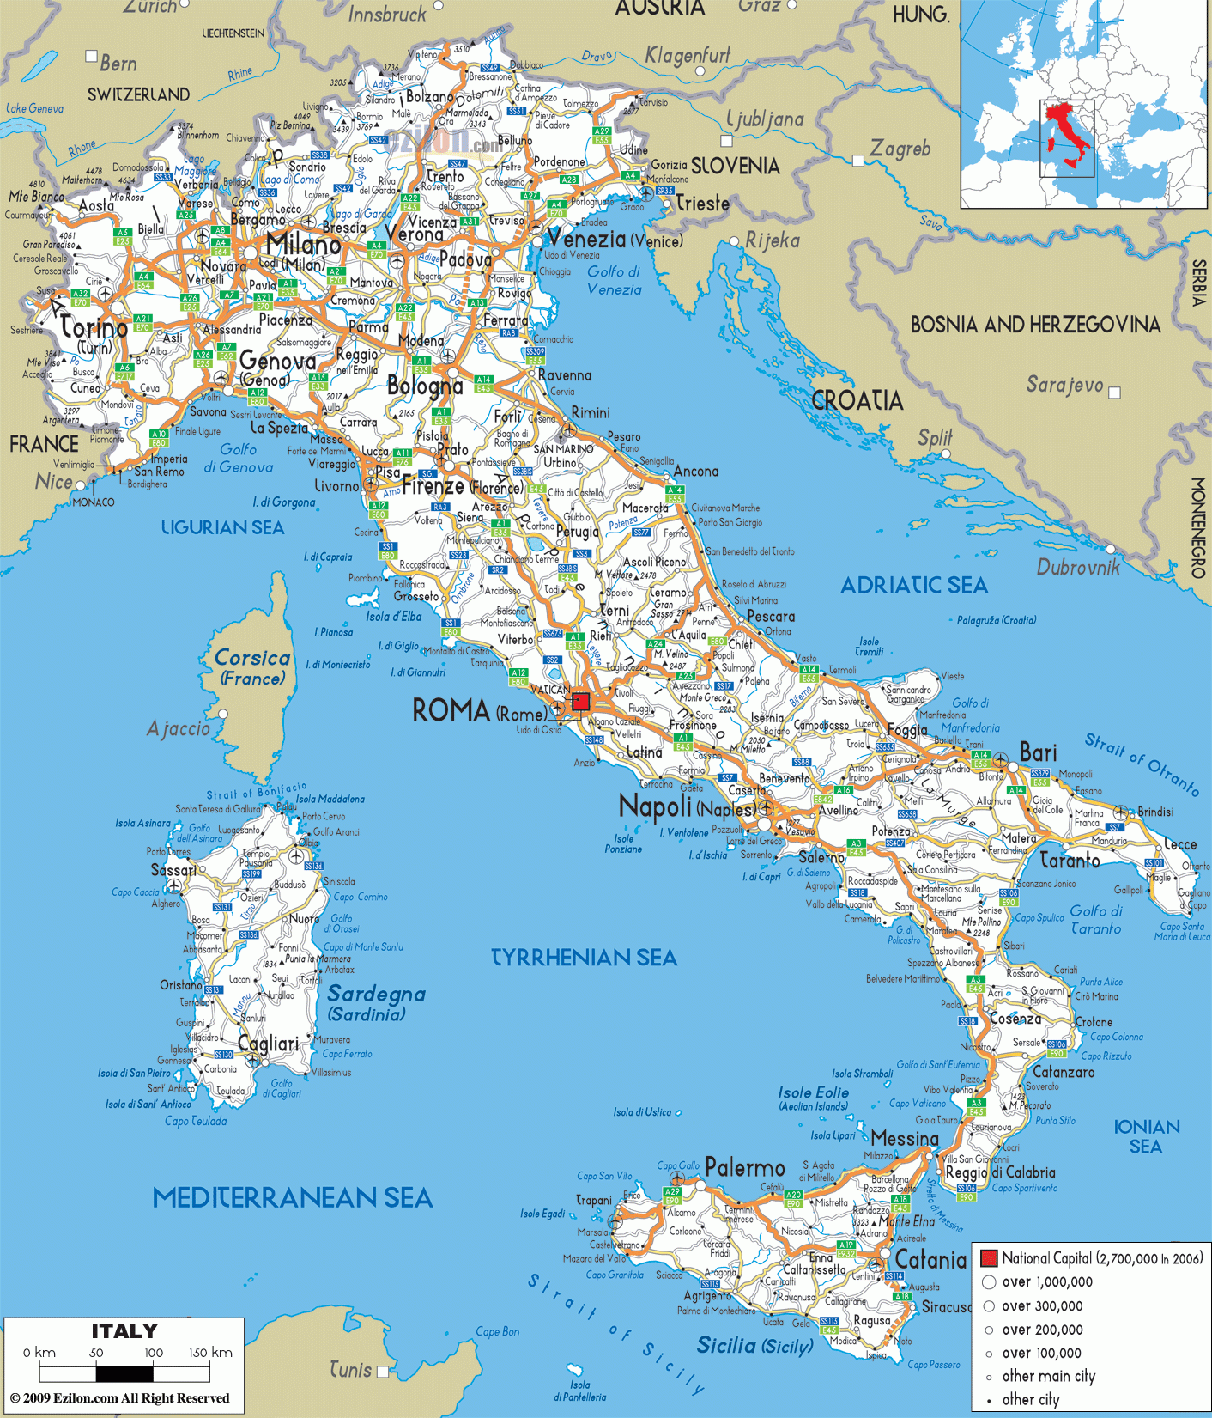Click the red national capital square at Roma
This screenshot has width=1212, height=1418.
tap(581, 702)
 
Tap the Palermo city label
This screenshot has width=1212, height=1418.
tap(745, 1168)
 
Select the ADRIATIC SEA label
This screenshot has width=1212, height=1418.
tap(913, 586)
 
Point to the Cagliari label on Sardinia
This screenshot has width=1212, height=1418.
tap(268, 1044)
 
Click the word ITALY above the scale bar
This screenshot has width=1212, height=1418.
tap(124, 1331)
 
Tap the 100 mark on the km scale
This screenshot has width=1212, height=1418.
tap(154, 1353)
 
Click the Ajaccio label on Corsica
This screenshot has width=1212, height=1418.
tap(178, 729)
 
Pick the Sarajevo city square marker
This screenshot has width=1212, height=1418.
tap(1114, 393)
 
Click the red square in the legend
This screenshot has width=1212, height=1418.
tap(988, 1258)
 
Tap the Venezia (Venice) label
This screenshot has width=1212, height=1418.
tap(613, 240)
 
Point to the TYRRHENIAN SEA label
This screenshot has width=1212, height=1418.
tap(584, 958)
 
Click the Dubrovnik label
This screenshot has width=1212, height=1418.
tap(1078, 567)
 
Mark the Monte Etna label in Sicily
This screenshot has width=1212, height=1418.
tap(906, 1221)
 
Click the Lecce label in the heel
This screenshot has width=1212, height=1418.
tap(1179, 844)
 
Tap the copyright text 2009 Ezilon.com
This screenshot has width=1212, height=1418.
tap(119, 1398)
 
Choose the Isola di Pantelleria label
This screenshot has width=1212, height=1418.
tap(579, 1391)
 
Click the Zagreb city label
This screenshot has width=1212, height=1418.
tap(900, 149)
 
